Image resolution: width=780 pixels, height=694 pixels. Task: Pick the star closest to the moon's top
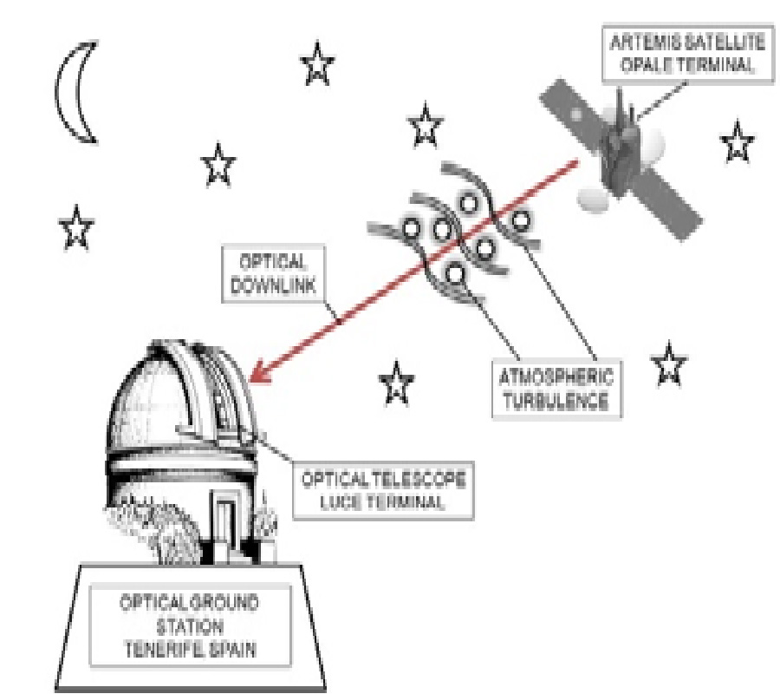tap(318, 65)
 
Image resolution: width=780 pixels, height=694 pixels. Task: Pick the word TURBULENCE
tap(556, 403)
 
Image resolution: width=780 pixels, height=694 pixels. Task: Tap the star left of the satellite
tap(424, 125)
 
